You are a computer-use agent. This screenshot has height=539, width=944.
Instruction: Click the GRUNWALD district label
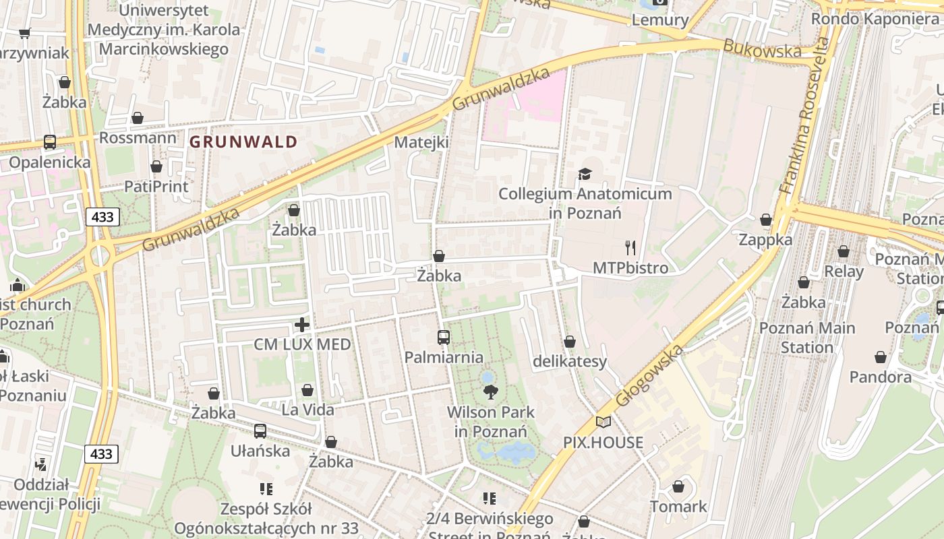(x=243, y=142)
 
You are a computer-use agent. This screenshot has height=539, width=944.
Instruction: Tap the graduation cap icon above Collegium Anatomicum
(x=585, y=175)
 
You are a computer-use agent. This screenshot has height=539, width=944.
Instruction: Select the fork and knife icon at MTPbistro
(x=630, y=248)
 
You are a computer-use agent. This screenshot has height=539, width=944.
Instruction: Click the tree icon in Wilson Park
(x=491, y=391)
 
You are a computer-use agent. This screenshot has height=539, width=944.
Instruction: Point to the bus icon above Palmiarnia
(x=443, y=338)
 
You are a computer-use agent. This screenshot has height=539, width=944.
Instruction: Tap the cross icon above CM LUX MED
(x=302, y=325)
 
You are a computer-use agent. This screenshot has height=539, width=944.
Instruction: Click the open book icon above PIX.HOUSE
(x=603, y=422)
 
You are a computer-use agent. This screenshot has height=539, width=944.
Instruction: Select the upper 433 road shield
(x=102, y=217)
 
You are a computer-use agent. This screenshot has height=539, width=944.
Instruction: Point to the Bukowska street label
(x=763, y=49)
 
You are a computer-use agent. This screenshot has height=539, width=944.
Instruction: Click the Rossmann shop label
(x=138, y=137)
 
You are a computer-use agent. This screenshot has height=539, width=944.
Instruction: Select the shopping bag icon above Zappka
(x=766, y=220)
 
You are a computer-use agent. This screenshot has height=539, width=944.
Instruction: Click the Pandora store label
(x=880, y=377)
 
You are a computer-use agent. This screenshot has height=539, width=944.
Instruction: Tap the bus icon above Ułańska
(x=260, y=431)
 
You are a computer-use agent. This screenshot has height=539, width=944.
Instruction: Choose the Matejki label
(x=421, y=142)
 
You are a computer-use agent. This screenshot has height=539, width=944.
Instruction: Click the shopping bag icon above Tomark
(x=678, y=486)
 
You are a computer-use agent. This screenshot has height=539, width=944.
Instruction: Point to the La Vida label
(x=307, y=409)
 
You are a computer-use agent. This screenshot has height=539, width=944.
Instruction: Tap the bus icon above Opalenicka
(x=50, y=142)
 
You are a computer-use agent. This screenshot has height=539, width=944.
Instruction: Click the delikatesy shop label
(x=570, y=361)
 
